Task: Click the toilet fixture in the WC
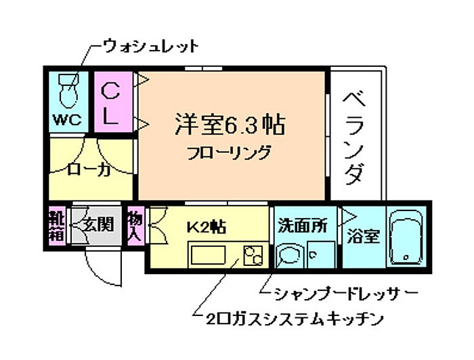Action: (x=68, y=91)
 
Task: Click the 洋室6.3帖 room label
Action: (x=228, y=125)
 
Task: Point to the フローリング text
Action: (x=229, y=151)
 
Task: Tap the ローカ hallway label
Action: (x=89, y=170)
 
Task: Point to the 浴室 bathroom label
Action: (x=364, y=237)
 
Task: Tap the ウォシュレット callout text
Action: (x=150, y=46)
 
